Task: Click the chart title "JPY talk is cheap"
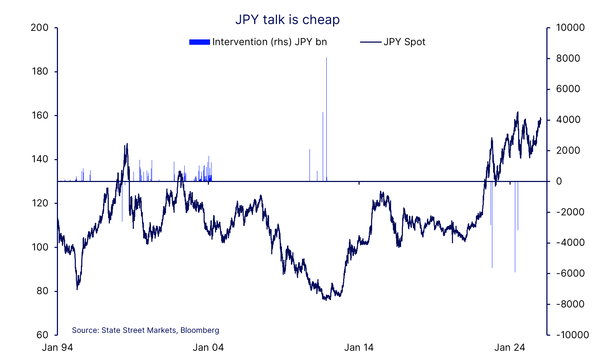[x=287, y=20]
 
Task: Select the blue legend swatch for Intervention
[x=199, y=42]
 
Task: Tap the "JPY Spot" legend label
[x=404, y=42]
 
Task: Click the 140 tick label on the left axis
[x=40, y=159]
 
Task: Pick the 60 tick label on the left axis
[x=42, y=335]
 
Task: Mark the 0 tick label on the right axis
[x=559, y=181]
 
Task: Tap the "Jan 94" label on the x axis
[x=58, y=348]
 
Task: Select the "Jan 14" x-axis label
[x=359, y=348]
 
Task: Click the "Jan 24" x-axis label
[x=510, y=348]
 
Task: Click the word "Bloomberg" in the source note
[x=200, y=330]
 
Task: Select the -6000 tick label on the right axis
[x=570, y=273]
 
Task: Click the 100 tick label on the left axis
[x=40, y=247]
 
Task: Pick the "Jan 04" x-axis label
[x=208, y=348]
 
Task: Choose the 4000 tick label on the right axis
[x=568, y=120]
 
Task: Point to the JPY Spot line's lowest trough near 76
[x=326, y=300]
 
